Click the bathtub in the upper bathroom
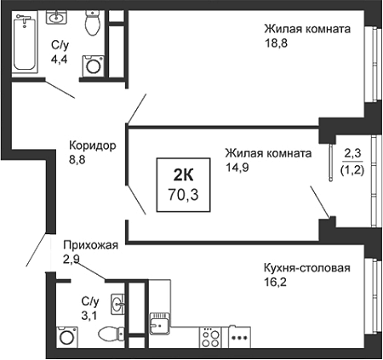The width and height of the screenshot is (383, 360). tap(25, 42)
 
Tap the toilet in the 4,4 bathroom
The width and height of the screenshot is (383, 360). tap(93, 23)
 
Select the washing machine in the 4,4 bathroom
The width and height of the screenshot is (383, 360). tap(93, 66)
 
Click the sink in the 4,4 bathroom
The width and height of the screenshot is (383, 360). tap(56, 17)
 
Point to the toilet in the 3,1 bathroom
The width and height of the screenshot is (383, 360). tap(111, 332)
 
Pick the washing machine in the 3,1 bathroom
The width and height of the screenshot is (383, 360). tap(67, 337)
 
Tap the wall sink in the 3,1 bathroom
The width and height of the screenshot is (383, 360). tap(117, 304)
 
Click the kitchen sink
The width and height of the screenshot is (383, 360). tap(160, 323)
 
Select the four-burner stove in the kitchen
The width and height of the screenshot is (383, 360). tap(211, 337)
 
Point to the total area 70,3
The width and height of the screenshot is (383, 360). tap(183, 195)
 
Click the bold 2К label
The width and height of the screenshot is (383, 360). tap(183, 175)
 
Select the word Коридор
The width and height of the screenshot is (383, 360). tap(93, 146)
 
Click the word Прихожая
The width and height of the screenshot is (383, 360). tap(90, 245)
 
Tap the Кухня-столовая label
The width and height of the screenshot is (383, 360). tap(307, 268)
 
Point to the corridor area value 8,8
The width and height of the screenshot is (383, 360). tap(77, 160)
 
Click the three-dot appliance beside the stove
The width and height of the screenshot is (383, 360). tap(239, 337)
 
